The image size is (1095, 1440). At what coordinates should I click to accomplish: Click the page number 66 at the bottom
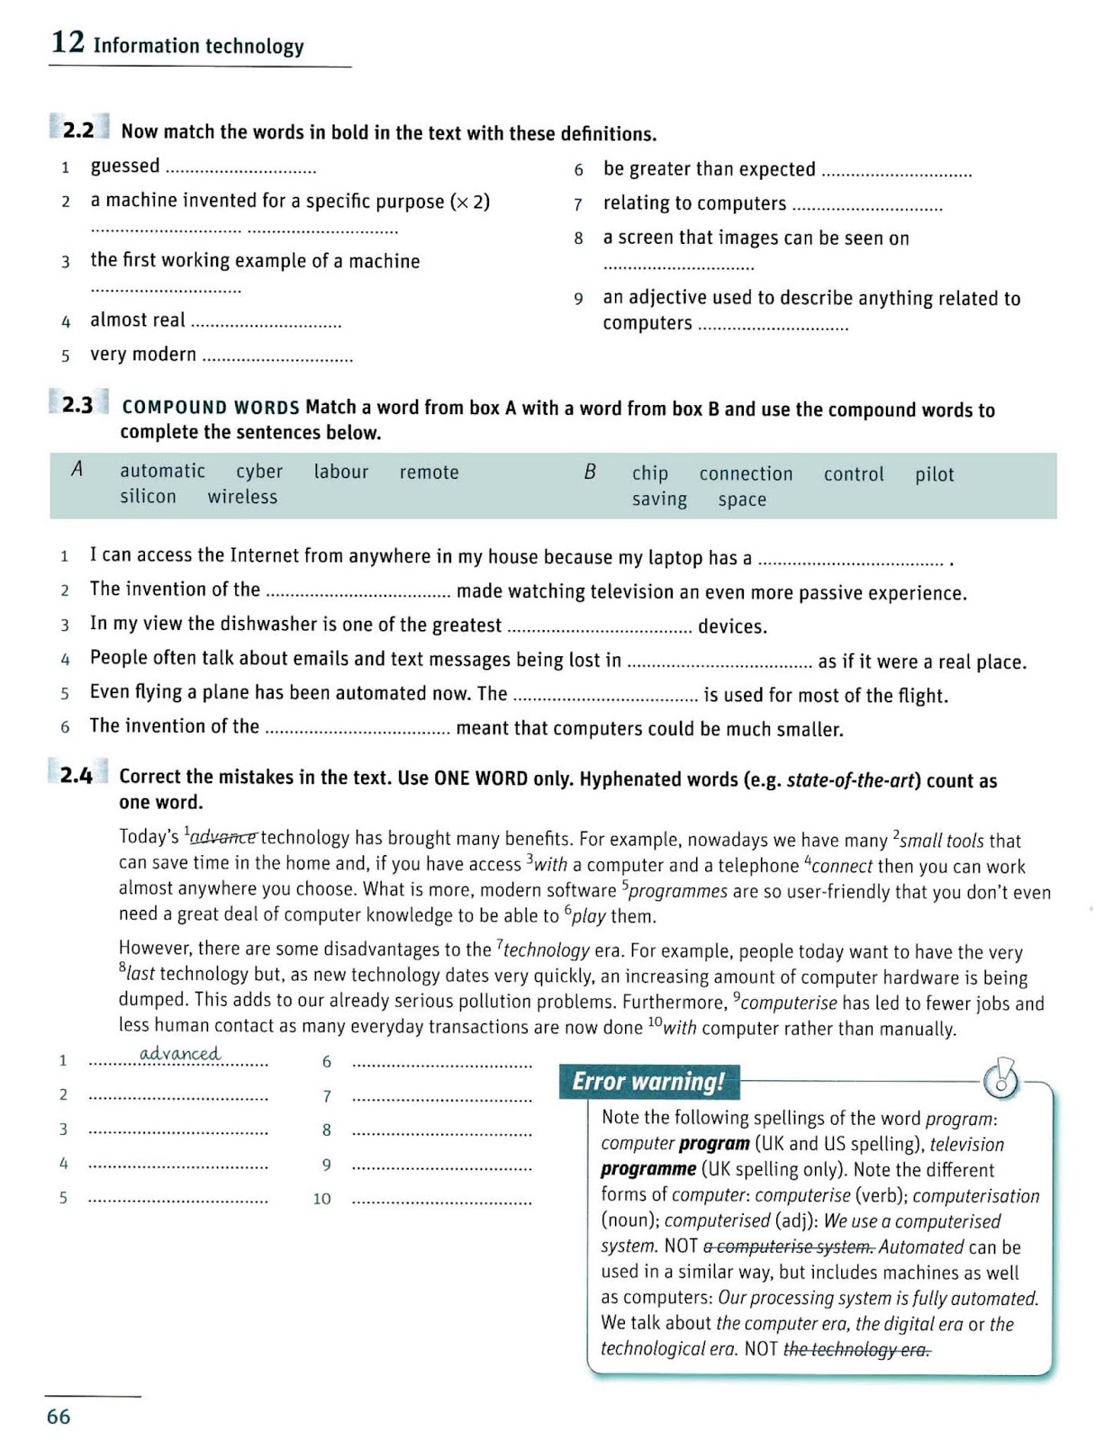point(59,1417)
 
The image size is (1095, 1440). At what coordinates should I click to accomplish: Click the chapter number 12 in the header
point(68,42)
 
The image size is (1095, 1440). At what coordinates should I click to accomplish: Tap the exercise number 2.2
point(78,130)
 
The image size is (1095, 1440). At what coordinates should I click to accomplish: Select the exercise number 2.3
point(77,405)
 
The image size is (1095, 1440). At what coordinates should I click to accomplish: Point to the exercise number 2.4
point(77,775)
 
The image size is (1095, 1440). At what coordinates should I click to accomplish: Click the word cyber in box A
point(259,472)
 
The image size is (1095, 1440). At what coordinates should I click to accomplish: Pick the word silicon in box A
point(148,497)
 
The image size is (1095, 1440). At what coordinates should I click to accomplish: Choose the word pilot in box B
point(934,474)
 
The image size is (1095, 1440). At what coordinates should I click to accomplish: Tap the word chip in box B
point(649,473)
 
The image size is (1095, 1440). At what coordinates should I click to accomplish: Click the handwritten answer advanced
point(179,1053)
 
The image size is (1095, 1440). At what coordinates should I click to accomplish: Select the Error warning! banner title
point(648,1081)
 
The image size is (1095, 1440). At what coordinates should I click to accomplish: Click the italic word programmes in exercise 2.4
point(677,891)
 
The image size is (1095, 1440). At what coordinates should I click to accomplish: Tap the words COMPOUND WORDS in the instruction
point(210,407)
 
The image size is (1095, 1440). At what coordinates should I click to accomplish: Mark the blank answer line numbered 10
point(441,1201)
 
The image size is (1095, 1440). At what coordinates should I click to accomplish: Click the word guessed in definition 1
point(125,166)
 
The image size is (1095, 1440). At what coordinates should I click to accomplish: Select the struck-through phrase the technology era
point(856,1349)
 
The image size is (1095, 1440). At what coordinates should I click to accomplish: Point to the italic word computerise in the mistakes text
point(788,1003)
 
